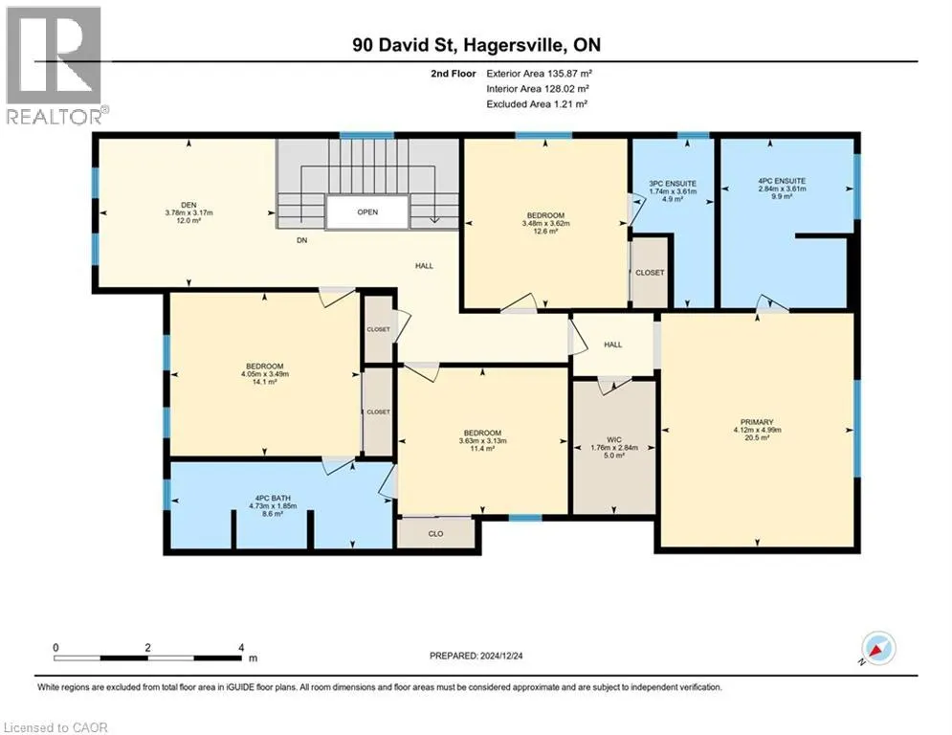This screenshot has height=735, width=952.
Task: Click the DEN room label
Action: point(188,206)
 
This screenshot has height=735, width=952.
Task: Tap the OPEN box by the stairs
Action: point(367,212)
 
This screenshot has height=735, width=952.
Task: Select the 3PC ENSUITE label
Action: point(673,184)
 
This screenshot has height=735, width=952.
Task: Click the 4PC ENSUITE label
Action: point(782,181)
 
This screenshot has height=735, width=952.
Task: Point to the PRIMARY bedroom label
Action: point(757,422)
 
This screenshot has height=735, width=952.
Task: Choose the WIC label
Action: point(614,440)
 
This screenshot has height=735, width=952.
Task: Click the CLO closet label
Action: point(436,534)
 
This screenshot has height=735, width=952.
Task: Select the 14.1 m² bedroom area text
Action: point(265,382)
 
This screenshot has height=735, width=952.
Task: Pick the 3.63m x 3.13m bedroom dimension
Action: point(482,441)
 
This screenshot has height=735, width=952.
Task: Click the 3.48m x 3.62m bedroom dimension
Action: point(545,224)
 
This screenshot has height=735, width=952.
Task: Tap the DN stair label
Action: point(301,240)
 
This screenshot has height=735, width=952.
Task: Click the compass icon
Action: point(878,648)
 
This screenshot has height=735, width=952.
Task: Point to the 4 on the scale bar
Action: point(242,648)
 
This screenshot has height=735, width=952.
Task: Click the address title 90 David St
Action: point(408,45)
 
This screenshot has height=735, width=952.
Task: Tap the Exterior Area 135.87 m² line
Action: point(539,74)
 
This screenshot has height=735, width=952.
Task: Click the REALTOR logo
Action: point(55,65)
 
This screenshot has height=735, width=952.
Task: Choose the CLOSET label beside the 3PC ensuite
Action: point(650,273)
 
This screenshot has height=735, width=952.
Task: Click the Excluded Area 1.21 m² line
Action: point(537,104)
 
